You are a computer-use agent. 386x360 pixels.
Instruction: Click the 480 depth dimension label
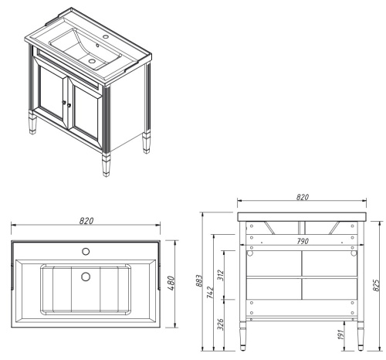[x=171, y=283]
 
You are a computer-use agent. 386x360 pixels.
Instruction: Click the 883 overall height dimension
[x=200, y=280]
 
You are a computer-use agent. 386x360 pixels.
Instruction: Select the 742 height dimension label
[x=210, y=292]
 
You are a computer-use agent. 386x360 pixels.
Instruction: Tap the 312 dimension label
[x=221, y=275]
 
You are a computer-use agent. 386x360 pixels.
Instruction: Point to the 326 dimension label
[x=221, y=324]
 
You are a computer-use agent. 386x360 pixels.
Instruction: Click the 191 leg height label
[x=341, y=334]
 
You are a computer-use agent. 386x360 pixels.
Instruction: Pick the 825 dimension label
[x=376, y=285]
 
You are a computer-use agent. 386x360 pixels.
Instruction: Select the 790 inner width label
[x=303, y=241]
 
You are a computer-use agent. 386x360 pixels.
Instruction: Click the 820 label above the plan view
[x=86, y=221]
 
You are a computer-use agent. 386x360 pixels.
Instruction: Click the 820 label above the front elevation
[x=303, y=197]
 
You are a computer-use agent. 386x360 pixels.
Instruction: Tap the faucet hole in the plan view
[x=86, y=251]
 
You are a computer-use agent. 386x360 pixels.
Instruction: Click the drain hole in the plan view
[x=86, y=277]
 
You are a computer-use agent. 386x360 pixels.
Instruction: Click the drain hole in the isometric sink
[x=91, y=61]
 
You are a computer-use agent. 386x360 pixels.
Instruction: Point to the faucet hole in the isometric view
[x=106, y=36]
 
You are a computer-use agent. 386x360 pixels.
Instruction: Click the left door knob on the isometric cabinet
[x=63, y=102]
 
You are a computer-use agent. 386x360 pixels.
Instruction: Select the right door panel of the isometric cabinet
[x=86, y=112]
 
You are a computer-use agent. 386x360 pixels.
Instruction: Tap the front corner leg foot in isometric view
[x=106, y=165]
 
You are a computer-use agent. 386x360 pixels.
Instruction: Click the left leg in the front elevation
[x=242, y=336]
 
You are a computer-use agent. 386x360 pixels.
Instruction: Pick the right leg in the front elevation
[x=361, y=336]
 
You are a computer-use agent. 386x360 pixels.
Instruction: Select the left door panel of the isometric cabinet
[x=52, y=94]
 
